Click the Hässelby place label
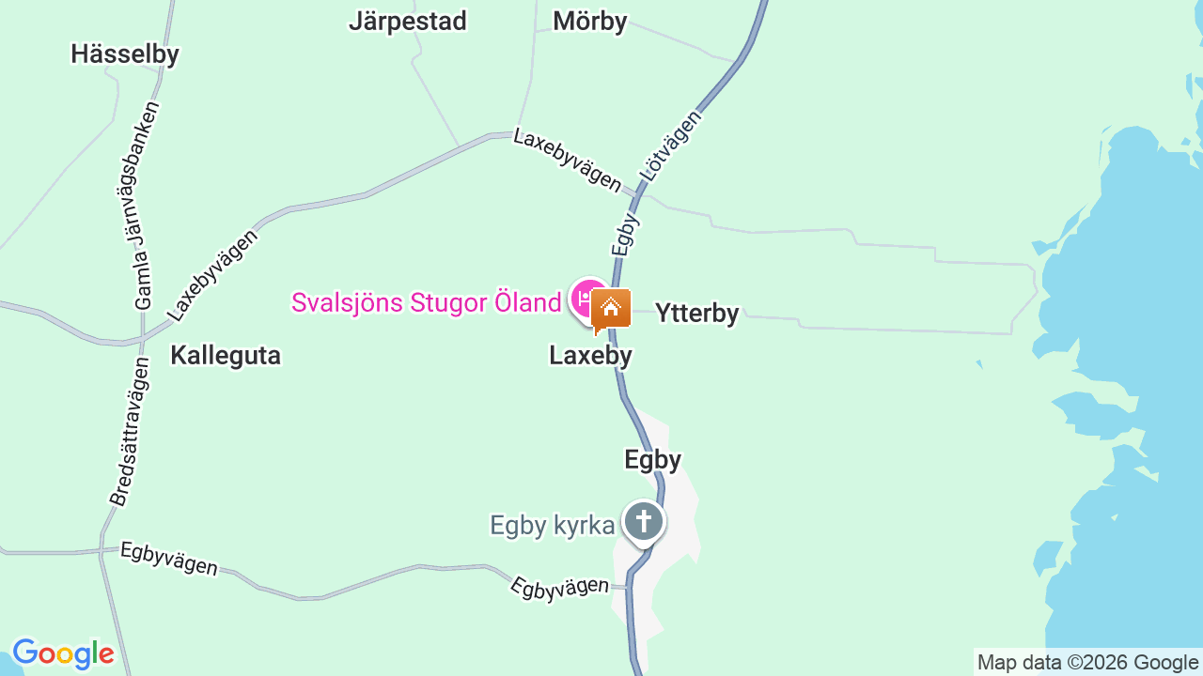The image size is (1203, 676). (x=124, y=54)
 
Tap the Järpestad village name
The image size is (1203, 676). (x=407, y=21)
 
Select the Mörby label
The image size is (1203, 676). (x=589, y=21)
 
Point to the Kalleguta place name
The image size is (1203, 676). (x=226, y=355)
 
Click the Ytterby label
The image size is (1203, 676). (x=696, y=313)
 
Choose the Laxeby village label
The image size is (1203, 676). (x=590, y=356)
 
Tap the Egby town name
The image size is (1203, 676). (x=652, y=459)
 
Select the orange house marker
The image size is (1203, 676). (x=611, y=308)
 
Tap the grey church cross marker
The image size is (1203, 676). (x=644, y=521)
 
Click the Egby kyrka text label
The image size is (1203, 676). (x=553, y=525)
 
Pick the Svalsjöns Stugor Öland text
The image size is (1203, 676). (x=426, y=302)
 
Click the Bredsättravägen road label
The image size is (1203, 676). (x=129, y=432)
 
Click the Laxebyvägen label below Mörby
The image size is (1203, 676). (x=567, y=160)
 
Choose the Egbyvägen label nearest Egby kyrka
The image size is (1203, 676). (x=559, y=587)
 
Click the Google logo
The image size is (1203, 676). (x=63, y=653)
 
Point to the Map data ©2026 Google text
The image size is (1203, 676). (x=1087, y=663)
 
